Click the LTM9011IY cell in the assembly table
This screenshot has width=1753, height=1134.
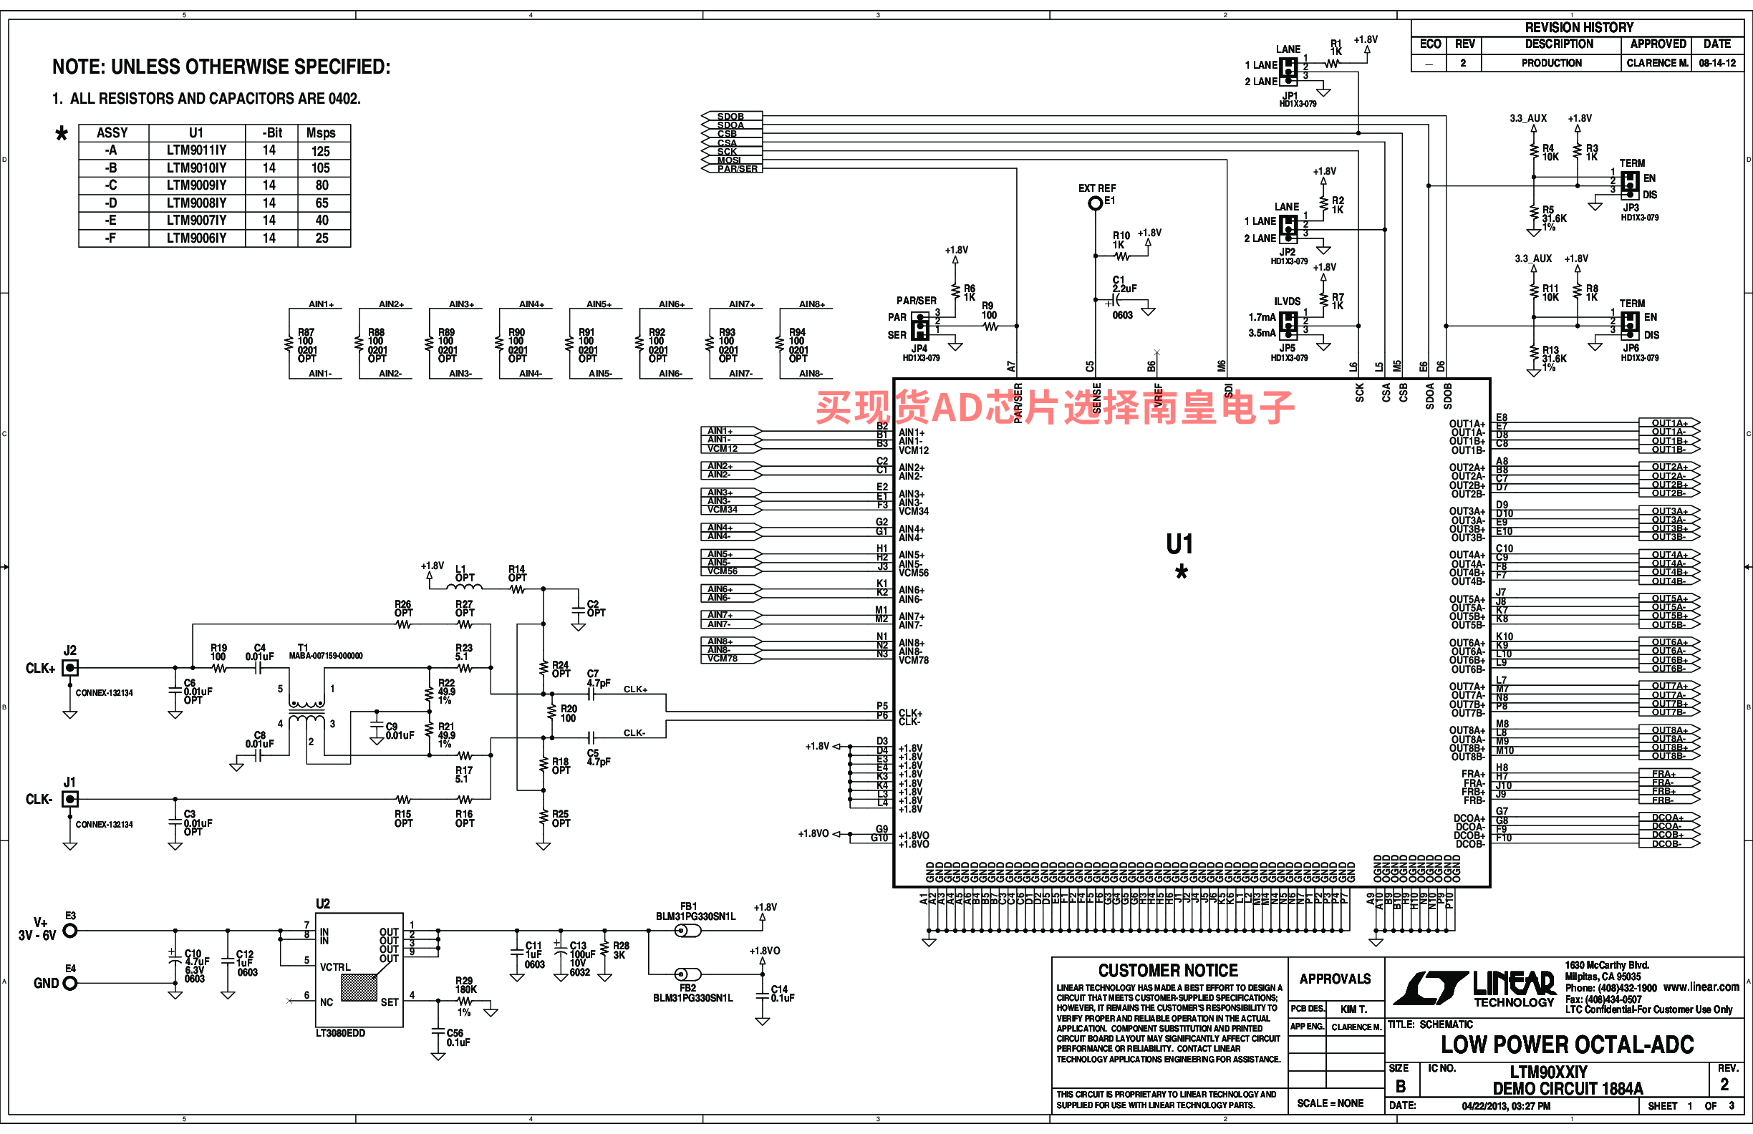[x=196, y=150]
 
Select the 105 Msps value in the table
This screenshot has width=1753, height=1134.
[x=320, y=168]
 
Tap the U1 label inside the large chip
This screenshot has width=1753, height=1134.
[x=1179, y=545]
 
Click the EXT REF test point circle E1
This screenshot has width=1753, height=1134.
[x=1095, y=203]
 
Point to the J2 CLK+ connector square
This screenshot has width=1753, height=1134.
[x=70, y=668]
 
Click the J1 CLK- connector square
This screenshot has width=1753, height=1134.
[x=70, y=800]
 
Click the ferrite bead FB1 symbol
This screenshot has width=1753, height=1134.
[x=688, y=931]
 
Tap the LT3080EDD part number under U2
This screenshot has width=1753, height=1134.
[x=340, y=1033]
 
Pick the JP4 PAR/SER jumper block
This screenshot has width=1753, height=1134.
[x=920, y=326]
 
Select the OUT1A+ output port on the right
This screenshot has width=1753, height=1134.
[x=1669, y=423]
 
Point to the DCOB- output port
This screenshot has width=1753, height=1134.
[x=1668, y=844]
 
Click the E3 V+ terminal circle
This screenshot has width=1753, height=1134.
[x=70, y=931]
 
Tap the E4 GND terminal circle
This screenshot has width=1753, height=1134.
[x=70, y=984]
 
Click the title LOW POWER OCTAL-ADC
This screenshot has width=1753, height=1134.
[x=1567, y=1045]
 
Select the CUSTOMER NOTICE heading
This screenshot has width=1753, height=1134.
[x=1167, y=971]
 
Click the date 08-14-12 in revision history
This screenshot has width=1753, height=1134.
[x=1717, y=63]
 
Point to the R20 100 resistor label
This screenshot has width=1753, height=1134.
[x=568, y=714]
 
